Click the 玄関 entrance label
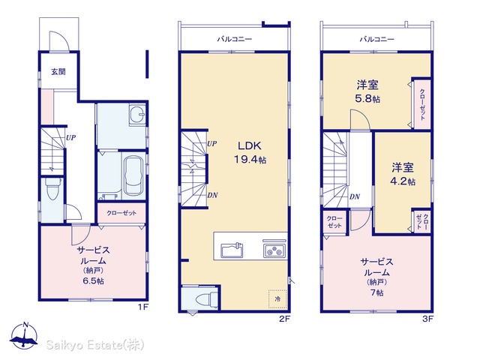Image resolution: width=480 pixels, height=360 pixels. pyautogui.click(x=58, y=72)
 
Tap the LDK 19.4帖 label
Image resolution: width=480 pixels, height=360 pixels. pyautogui.click(x=250, y=152)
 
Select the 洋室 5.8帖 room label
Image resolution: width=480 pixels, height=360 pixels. pyautogui.click(x=367, y=91)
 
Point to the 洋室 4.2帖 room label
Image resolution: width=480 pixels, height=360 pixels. pyautogui.click(x=403, y=174)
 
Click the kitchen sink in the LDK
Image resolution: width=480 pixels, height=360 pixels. pyautogui.click(x=232, y=250)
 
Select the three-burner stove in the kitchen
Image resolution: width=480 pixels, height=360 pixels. pyautogui.click(x=274, y=250)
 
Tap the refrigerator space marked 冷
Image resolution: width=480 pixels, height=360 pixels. pyautogui.click(x=277, y=299)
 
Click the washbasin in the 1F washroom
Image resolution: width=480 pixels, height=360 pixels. pyautogui.click(x=136, y=115)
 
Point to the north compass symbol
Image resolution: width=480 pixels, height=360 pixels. pyautogui.click(x=24, y=335)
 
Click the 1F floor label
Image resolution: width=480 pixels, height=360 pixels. pyautogui.click(x=142, y=307)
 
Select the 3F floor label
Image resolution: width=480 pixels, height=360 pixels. pyautogui.click(x=427, y=319)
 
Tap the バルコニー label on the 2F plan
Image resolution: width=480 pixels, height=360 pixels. pyautogui.click(x=235, y=39)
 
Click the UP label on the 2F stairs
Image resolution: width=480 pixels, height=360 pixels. pyautogui.click(x=211, y=143)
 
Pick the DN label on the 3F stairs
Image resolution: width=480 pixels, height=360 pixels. pyautogui.click(x=355, y=196)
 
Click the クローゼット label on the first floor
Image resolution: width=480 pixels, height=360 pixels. pyautogui.click(x=121, y=213)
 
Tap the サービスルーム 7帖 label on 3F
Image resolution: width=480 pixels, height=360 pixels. pyautogui.click(x=376, y=277)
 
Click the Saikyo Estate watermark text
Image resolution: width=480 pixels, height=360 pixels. pyautogui.click(x=95, y=345)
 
